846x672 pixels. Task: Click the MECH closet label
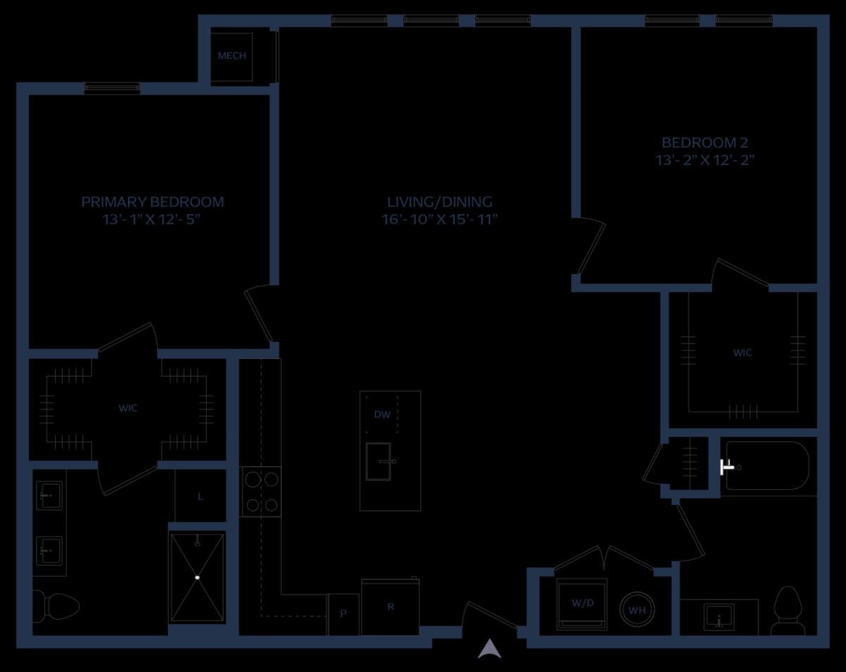[232, 56]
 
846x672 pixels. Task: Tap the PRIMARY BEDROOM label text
[152, 202]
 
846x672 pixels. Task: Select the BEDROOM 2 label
[705, 142]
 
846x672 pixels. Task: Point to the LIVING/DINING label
[439, 202]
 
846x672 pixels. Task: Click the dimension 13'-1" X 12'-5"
[152, 219]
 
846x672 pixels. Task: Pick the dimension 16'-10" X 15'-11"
[439, 219]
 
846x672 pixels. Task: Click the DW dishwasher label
[382, 415]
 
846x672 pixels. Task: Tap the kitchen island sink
[379, 462]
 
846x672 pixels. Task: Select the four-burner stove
[260, 492]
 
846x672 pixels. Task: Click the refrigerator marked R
[390, 606]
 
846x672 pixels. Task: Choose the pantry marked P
[343, 614]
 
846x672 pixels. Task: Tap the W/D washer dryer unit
[582, 604]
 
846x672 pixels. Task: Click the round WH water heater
[637, 610]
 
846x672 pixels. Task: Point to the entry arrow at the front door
[489, 649]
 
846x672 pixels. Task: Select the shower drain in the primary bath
[197, 578]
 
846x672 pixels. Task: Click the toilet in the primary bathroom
[56, 606]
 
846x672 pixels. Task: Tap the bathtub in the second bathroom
[767, 466]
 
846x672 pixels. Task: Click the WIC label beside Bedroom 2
[742, 353]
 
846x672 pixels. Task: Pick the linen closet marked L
[200, 497]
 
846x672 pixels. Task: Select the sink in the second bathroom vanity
[719, 618]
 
